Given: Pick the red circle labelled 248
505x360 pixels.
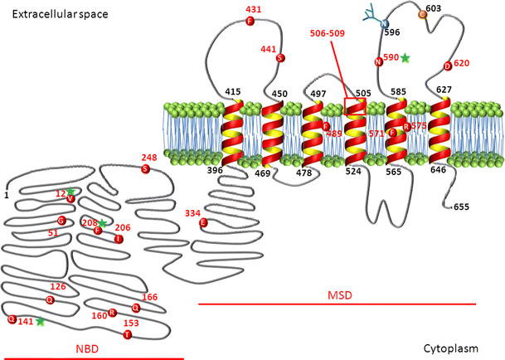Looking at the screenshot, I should pos(146,168).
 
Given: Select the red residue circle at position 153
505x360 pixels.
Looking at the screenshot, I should pos(127,334).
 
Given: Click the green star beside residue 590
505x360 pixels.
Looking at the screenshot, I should pos(405,58).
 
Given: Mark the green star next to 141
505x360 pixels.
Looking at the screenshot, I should pos(39,321).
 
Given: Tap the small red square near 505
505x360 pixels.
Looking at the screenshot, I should pos(354,104).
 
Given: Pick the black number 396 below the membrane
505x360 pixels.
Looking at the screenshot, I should pos(215,170).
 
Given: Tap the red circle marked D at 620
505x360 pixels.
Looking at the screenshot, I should pos(448,66).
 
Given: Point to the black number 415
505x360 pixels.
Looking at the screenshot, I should pos(233,92).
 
